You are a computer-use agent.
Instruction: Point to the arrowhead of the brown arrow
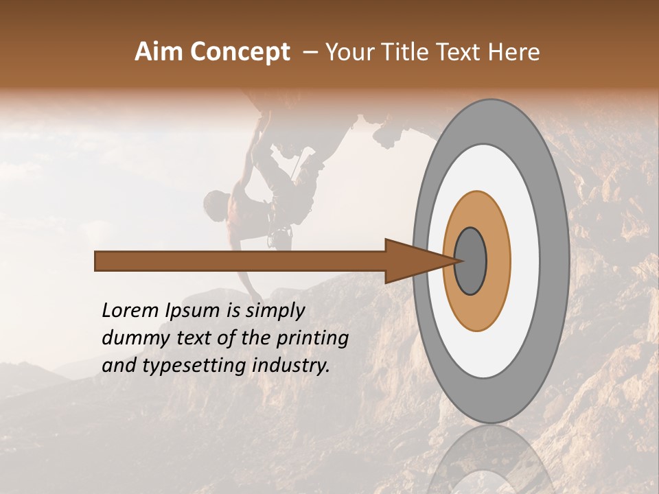[419, 261]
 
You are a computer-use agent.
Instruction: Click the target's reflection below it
[490, 463]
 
